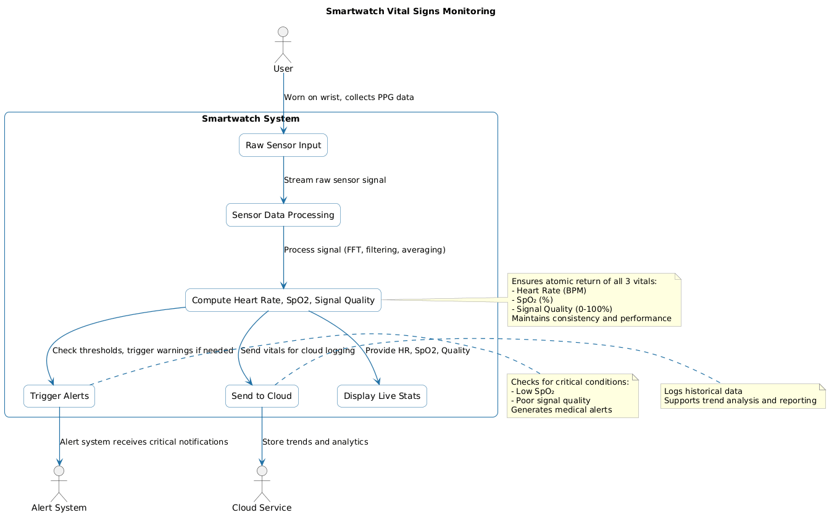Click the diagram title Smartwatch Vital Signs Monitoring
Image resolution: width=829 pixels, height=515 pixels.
[x=410, y=12]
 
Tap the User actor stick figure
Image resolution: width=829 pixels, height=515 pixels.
[x=283, y=43]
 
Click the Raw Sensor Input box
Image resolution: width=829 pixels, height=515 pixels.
[x=283, y=146]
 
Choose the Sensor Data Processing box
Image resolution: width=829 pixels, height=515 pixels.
[x=283, y=215]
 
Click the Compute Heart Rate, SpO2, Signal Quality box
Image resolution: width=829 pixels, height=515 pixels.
[x=283, y=300]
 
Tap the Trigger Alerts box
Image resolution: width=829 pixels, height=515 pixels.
[x=59, y=396]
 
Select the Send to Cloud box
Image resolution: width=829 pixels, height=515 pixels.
[x=262, y=396]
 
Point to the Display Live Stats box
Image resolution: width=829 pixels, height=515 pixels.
[x=381, y=396]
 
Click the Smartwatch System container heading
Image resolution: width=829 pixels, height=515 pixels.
[x=251, y=119]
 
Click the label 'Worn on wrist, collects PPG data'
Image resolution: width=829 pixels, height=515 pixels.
[x=349, y=98]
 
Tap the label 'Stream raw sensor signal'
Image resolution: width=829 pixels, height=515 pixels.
[x=335, y=180]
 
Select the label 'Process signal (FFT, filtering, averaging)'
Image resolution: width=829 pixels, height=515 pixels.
[x=364, y=250]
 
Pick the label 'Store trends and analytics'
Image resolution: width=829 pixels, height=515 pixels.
[x=315, y=442]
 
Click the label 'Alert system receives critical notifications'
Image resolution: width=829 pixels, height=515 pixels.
[x=144, y=442]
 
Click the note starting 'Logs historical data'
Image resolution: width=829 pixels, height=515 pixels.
[x=743, y=396]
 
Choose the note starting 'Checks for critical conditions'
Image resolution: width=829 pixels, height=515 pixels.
[x=572, y=396]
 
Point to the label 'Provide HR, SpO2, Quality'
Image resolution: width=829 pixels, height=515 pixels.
[x=417, y=351]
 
